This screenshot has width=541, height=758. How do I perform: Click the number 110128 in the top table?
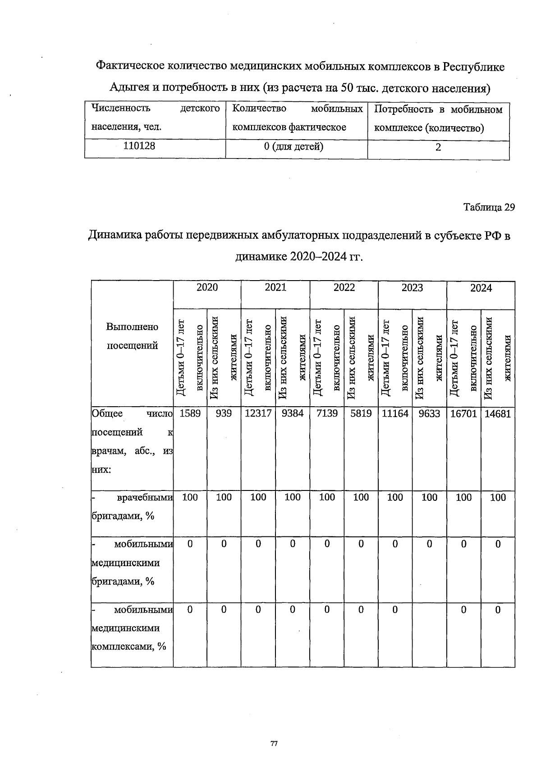coord(139,146)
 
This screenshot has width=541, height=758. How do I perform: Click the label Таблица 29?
coord(489,207)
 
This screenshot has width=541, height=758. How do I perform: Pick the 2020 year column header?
coord(207,288)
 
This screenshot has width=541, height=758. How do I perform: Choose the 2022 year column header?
coord(344,288)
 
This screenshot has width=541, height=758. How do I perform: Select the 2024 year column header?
coord(481,288)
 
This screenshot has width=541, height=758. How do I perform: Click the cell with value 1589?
coord(190,413)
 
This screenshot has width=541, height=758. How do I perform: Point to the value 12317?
coord(258,413)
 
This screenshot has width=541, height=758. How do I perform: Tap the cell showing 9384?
coord(292,413)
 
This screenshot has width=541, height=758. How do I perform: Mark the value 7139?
coord(327,413)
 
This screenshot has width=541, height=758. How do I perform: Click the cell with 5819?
coord(361,413)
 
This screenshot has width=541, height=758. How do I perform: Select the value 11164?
coord(395,413)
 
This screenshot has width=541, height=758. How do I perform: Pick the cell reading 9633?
coord(429,413)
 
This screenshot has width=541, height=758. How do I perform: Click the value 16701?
coord(463,413)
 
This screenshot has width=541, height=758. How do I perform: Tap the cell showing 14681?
coord(498,413)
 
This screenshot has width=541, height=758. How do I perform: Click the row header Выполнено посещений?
coord(132,336)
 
